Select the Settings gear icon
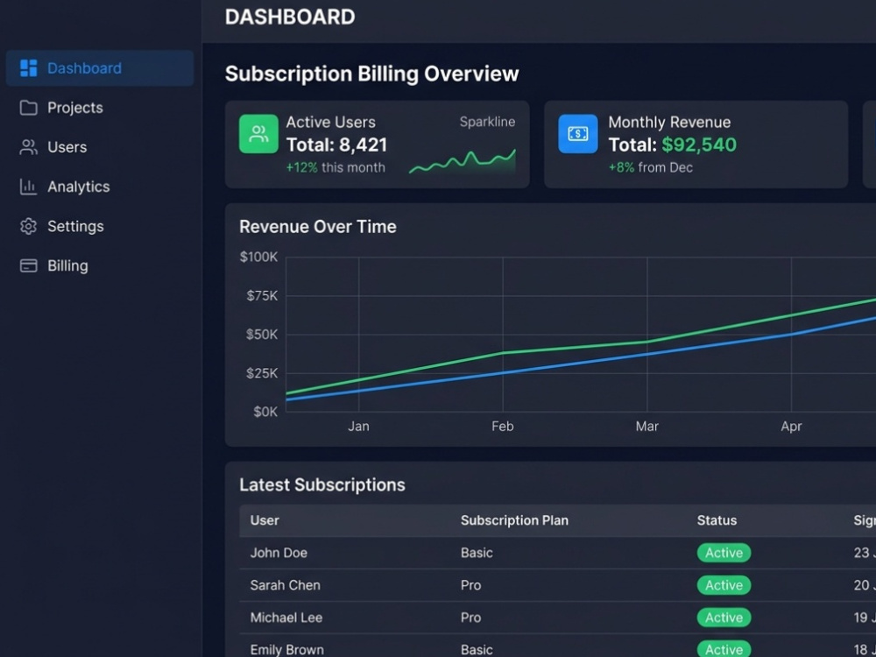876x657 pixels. (29, 226)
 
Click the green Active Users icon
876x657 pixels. (258, 134)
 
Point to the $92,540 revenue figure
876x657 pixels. (699, 145)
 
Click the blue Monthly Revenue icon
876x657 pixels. (577, 134)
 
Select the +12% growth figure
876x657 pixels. (301, 167)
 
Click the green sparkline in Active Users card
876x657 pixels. (463, 161)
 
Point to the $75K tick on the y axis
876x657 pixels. (262, 295)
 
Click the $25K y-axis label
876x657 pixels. (262, 373)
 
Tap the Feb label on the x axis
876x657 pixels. (502, 427)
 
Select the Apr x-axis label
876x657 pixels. (791, 427)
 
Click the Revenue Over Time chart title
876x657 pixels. (318, 227)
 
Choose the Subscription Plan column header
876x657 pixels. (514, 520)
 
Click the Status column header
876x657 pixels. (717, 520)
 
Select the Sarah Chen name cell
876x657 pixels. (285, 585)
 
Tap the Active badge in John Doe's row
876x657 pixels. (724, 553)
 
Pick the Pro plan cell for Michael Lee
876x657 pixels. (471, 618)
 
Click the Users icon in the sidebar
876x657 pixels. (29, 147)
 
